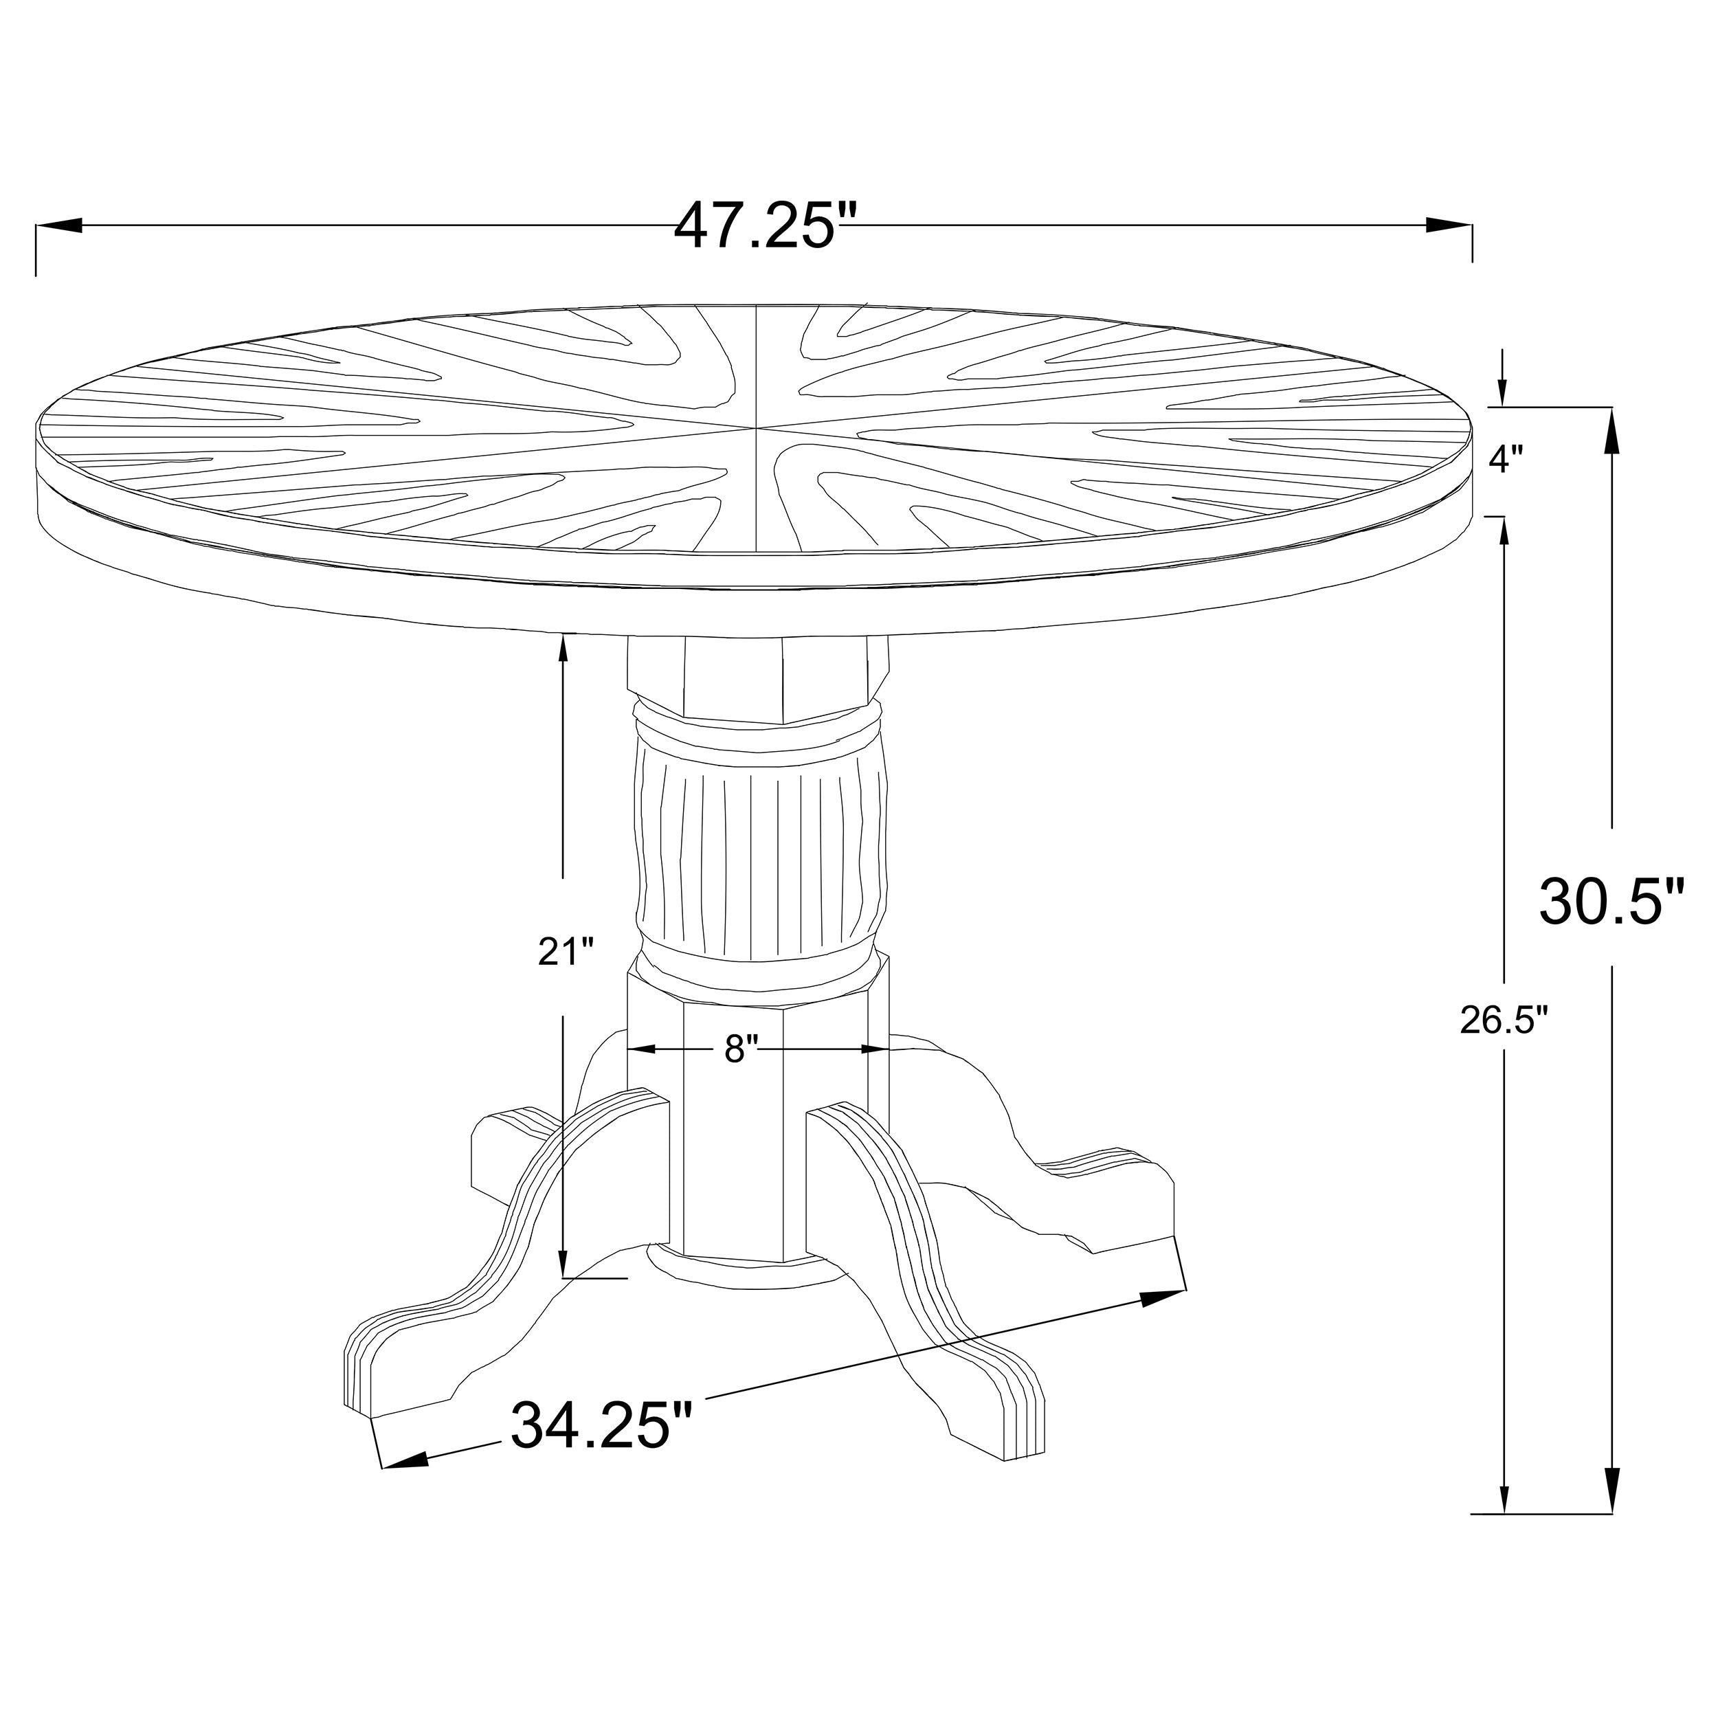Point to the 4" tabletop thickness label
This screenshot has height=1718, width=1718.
coord(1506,460)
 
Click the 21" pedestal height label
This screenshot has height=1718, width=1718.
coord(566,952)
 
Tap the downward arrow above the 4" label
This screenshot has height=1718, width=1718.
coord(1503,388)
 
